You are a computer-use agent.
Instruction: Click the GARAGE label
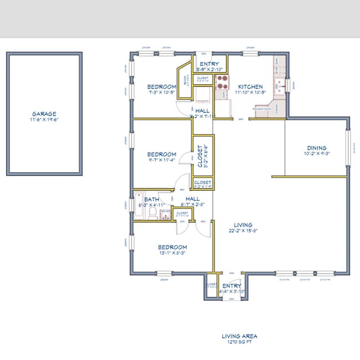click(44, 114)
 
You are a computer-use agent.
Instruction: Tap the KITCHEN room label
click(250, 87)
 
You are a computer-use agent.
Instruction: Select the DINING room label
click(317, 148)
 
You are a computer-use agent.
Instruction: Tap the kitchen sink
click(281, 86)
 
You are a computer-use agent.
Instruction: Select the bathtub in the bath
click(138, 206)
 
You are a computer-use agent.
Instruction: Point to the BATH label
click(152, 199)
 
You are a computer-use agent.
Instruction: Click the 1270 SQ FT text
click(239, 343)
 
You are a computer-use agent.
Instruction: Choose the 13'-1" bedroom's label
click(172, 247)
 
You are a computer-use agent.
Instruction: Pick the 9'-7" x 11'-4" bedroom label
click(162, 155)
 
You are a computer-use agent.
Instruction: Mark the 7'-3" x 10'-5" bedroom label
click(161, 86)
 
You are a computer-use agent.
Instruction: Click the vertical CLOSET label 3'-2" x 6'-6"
click(200, 156)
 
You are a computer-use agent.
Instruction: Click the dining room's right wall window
click(348, 148)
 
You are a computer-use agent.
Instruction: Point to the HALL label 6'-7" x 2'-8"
click(192, 199)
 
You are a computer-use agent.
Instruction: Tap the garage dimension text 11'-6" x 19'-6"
click(44, 120)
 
